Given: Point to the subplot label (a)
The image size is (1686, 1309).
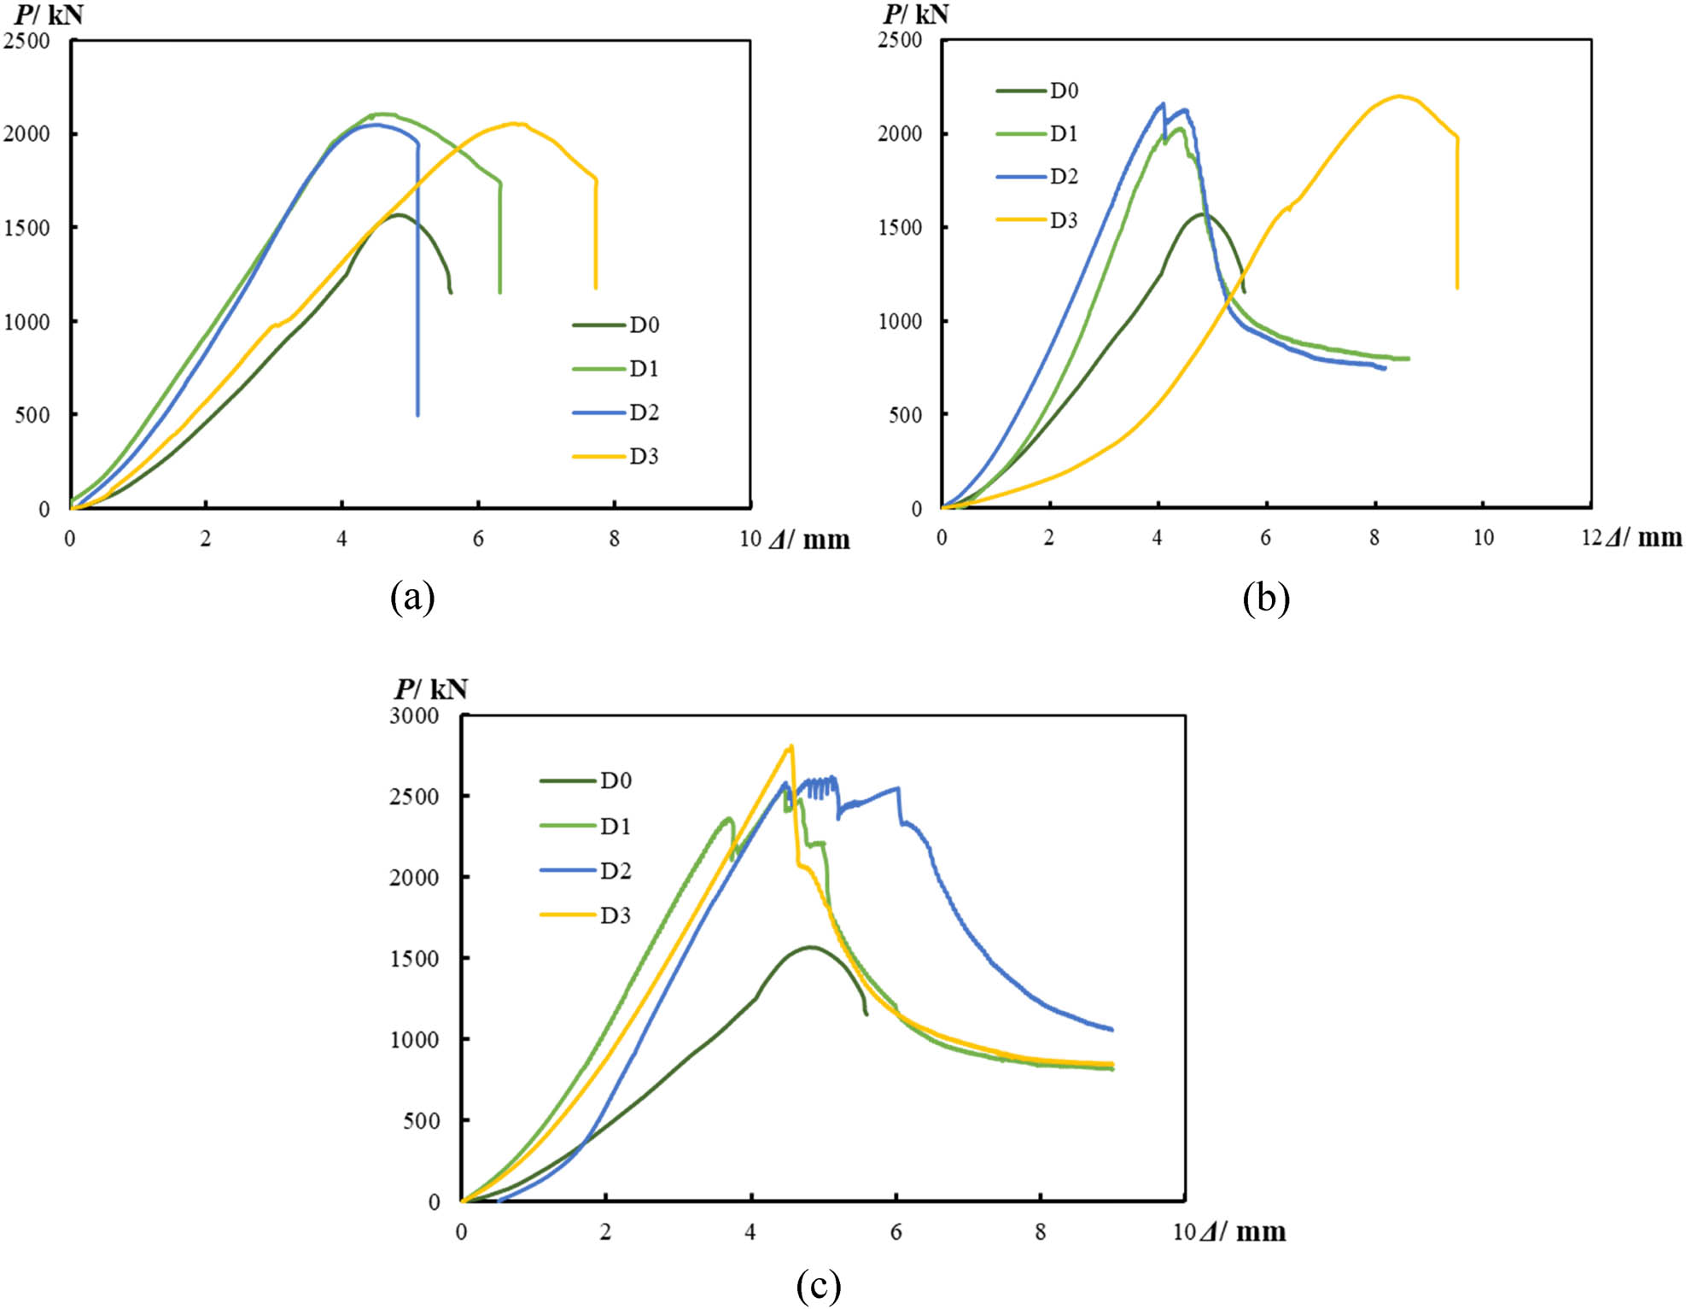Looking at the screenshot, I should [412, 598].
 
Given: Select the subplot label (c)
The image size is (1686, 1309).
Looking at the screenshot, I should [818, 1284].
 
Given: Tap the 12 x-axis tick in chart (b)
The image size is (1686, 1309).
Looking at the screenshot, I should [1591, 537].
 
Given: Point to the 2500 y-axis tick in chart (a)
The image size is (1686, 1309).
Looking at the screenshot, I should [27, 41].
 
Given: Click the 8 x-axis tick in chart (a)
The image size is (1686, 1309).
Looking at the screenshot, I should [614, 539].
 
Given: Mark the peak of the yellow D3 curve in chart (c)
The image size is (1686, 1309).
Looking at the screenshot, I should [791, 745].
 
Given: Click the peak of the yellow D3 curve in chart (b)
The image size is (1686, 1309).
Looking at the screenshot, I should [1398, 96].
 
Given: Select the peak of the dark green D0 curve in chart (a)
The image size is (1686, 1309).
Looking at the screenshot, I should [398, 214].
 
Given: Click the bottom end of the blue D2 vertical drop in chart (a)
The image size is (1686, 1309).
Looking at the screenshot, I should [417, 416].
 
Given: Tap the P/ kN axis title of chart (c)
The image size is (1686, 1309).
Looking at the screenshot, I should [431, 689].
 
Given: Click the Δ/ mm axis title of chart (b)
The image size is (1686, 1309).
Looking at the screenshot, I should [1643, 538].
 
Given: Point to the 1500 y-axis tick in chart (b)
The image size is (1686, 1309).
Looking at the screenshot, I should [901, 228].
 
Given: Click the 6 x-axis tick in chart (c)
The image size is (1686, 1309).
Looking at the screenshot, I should [896, 1232].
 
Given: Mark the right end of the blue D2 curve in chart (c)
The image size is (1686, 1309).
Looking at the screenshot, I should [1111, 1030].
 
